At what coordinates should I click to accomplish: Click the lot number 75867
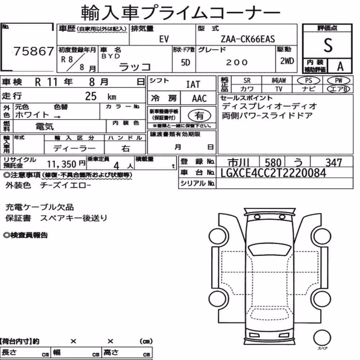(34, 51)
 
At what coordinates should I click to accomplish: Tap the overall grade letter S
(328, 45)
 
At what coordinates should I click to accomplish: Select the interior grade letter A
(340, 66)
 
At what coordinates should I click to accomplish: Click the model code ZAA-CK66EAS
(248, 39)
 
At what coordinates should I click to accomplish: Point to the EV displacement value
(164, 39)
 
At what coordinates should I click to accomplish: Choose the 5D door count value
(185, 62)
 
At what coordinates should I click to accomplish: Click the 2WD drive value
(287, 61)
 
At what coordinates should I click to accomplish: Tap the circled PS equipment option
(309, 80)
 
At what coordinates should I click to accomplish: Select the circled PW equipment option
(338, 80)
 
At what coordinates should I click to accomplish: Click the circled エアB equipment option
(338, 89)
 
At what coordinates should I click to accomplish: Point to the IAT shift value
(193, 85)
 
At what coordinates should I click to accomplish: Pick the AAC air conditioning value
(199, 98)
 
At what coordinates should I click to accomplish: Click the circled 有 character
(199, 115)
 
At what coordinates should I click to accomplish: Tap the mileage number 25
(91, 96)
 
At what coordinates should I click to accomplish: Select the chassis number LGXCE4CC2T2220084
(273, 173)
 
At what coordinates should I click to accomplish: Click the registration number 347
(334, 163)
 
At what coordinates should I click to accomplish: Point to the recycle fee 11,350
(62, 164)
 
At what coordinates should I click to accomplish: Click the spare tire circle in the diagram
(322, 338)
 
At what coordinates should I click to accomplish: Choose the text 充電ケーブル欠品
(40, 207)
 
